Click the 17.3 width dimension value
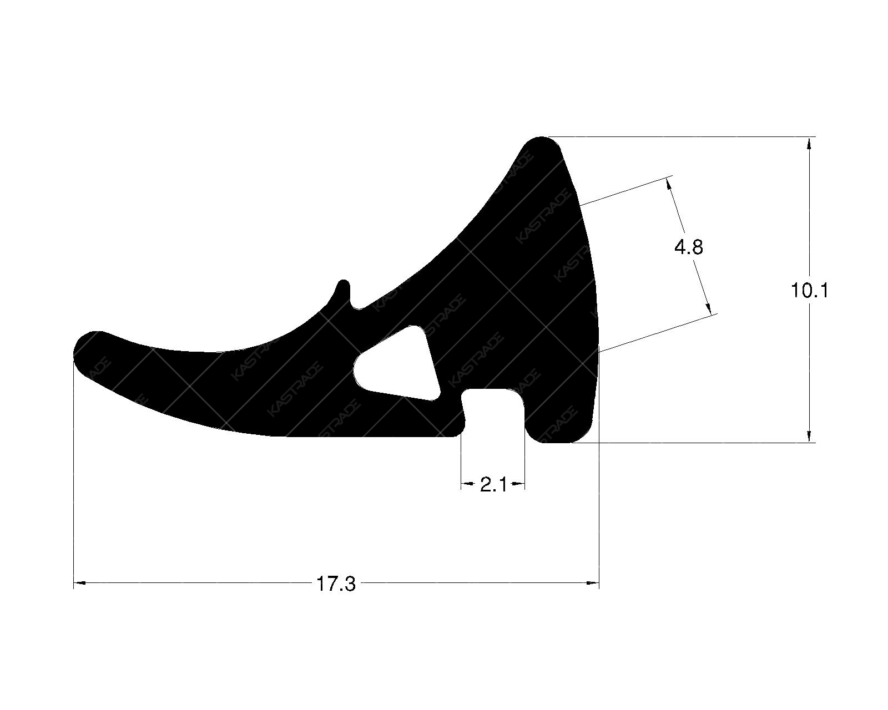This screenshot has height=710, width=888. [336, 584]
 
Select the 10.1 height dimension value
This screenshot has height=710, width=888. [810, 290]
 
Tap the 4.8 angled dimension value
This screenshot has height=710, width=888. [689, 247]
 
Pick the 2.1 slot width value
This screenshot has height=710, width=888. [493, 485]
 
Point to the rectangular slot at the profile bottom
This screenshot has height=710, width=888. [493, 413]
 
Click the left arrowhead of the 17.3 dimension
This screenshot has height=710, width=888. [80, 583]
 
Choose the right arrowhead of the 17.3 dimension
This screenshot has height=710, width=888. [593, 583]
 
